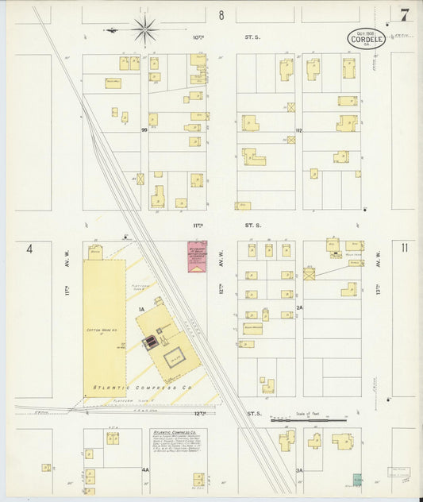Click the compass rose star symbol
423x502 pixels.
click(x=145, y=30)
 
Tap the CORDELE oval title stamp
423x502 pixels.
click(x=366, y=39)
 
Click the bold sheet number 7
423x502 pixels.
click(x=405, y=15)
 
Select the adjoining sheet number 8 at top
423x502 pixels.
click(x=221, y=15)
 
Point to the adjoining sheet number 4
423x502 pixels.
click(x=29, y=249)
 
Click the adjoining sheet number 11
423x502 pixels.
click(x=405, y=249)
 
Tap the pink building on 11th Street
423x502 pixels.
click(x=197, y=258)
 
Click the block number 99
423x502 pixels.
click(x=144, y=129)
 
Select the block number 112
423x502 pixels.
click(x=299, y=129)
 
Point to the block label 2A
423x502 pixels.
click(x=299, y=307)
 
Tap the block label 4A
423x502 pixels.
click(x=145, y=470)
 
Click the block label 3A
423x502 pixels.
click(x=299, y=470)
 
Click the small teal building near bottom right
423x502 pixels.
click(x=357, y=479)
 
